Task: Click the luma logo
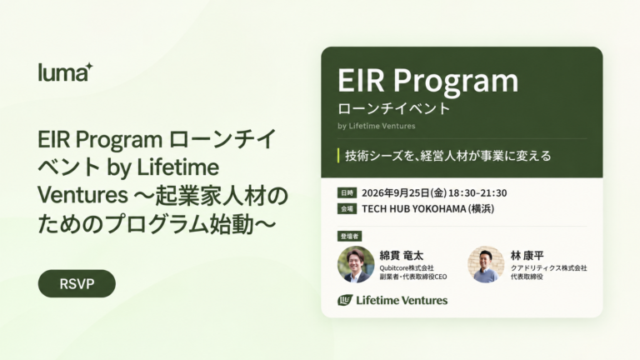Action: tap(65, 72)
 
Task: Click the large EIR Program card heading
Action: tap(427, 80)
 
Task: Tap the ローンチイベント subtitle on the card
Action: tap(394, 108)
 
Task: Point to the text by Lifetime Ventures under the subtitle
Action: tap(377, 126)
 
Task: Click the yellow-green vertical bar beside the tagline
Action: tap(339, 156)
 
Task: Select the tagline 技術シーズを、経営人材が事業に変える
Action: tap(448, 156)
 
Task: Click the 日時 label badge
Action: tap(347, 192)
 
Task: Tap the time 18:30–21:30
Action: tap(477, 192)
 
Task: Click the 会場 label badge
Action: tap(347, 208)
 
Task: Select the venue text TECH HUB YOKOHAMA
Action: tap(414, 208)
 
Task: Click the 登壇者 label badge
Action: tap(349, 236)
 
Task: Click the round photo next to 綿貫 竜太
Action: tap(356, 264)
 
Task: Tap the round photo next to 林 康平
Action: tap(486, 264)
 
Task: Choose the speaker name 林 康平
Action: tap(527, 256)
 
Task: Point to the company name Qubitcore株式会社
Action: tap(407, 267)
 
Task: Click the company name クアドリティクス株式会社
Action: tap(548, 267)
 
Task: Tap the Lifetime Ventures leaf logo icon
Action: tap(345, 300)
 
